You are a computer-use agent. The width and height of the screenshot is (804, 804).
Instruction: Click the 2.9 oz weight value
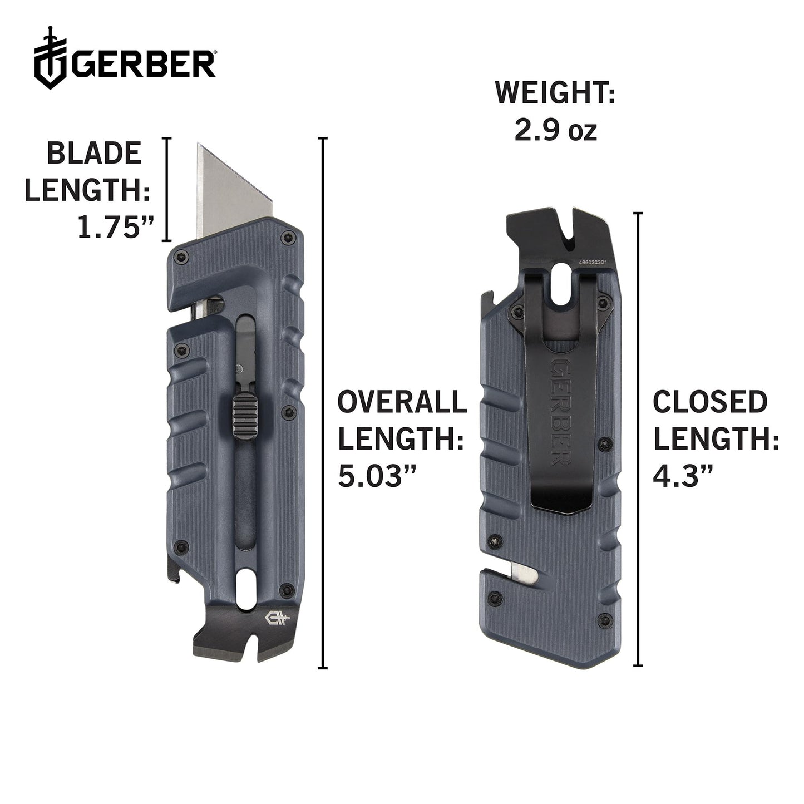(x=555, y=131)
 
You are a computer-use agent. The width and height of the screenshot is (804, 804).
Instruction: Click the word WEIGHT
(x=555, y=93)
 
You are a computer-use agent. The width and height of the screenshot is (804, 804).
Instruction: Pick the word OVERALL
(x=402, y=402)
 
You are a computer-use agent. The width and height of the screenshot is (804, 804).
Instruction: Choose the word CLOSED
(x=710, y=402)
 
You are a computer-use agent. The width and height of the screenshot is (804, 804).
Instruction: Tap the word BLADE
(x=94, y=154)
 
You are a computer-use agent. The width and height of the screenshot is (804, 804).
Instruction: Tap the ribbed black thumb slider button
(x=243, y=416)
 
